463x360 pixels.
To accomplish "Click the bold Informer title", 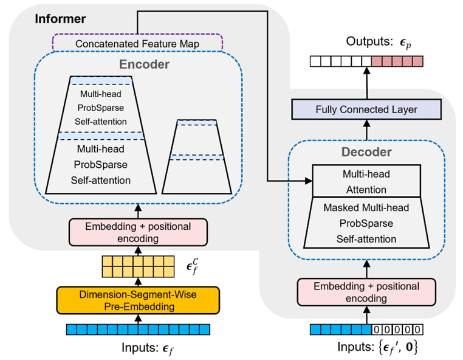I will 60,19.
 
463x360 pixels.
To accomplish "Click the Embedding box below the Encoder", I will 139,232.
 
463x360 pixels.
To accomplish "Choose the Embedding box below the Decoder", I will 366,292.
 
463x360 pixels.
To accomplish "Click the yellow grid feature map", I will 139,265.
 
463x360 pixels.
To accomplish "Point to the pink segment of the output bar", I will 397,61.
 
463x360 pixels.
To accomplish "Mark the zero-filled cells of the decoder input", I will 397,330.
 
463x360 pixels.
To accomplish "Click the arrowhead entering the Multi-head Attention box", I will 307,181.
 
